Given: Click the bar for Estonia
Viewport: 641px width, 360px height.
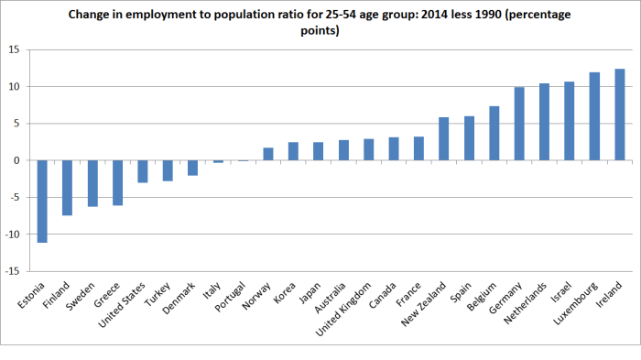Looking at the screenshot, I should (x=42, y=202).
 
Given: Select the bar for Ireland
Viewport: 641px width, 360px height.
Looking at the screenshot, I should (x=619, y=115).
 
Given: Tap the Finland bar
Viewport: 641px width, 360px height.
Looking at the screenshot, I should (x=67, y=188).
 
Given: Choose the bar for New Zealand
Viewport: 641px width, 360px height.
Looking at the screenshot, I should (x=444, y=138).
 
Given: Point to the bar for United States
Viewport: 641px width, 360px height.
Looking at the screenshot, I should (x=143, y=171).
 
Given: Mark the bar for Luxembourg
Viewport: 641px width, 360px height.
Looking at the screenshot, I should (x=594, y=116).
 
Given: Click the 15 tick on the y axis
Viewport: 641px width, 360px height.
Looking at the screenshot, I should (x=16, y=49).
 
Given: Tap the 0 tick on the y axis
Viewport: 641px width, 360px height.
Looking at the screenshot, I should (x=18, y=160).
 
